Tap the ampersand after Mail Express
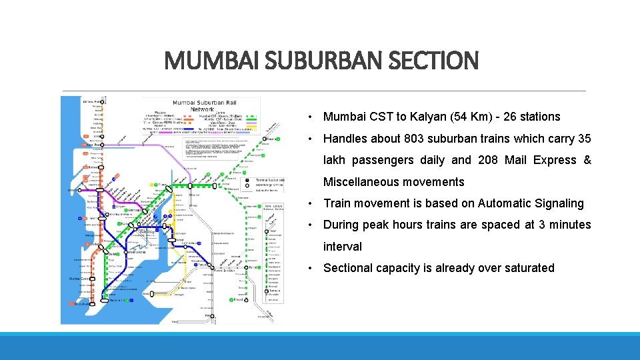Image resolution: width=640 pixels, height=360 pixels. tap(587, 160)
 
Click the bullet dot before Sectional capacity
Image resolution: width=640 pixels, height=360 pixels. tap(311, 269)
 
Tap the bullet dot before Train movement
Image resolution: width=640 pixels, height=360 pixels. tap(311, 204)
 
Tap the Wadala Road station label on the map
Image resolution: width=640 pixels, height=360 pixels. tap(138, 252)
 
